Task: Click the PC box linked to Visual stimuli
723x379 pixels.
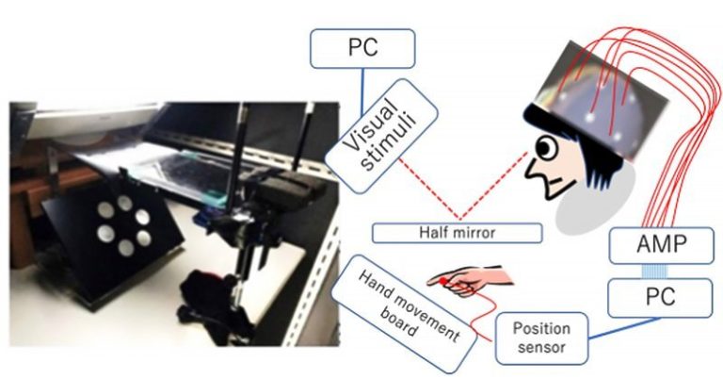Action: [x=362, y=48]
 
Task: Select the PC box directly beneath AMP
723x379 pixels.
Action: [x=660, y=298]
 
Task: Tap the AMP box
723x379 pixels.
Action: [x=661, y=245]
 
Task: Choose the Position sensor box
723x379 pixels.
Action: [x=541, y=338]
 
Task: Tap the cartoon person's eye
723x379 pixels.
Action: [x=545, y=148]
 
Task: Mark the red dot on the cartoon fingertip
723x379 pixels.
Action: [x=442, y=281]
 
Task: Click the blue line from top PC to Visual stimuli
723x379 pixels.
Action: [x=362, y=91]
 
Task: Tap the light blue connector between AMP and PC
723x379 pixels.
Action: [x=660, y=272]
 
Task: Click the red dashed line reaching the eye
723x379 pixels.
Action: [x=494, y=186]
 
